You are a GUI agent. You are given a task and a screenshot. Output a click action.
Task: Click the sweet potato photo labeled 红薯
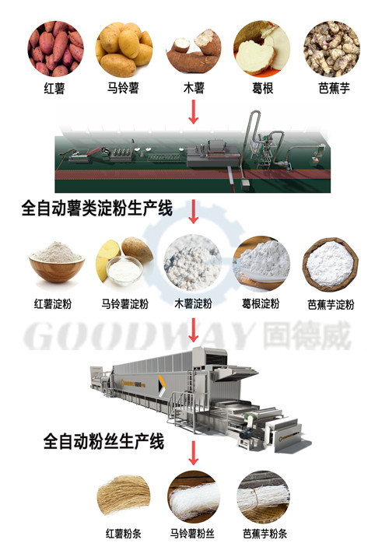click(x=55, y=48)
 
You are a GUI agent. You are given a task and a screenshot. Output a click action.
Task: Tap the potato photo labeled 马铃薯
click(x=124, y=49)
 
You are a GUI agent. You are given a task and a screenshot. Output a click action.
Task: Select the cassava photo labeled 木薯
click(x=194, y=50)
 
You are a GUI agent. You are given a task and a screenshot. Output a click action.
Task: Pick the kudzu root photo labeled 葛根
click(x=262, y=48)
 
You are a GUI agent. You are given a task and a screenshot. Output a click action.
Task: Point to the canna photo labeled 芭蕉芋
click(x=332, y=48)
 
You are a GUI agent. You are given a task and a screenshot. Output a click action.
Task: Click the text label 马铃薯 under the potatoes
click(x=123, y=88)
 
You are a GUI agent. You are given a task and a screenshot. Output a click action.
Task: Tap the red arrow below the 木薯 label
click(x=193, y=111)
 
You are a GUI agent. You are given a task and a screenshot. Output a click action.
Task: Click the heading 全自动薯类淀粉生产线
click(x=97, y=208)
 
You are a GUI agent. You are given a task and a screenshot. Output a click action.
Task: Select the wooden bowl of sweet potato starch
click(x=57, y=261)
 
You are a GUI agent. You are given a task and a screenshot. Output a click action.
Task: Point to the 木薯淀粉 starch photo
click(x=193, y=263)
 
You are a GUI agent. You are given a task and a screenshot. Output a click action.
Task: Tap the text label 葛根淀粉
click(x=261, y=303)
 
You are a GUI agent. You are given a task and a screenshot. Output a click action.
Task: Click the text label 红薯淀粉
click(x=53, y=303)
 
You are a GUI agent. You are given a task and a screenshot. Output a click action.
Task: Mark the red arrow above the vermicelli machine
click(x=193, y=330)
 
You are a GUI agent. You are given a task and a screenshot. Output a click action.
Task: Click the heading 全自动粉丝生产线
click(x=103, y=441)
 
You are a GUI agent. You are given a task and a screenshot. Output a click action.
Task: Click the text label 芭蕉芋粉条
click(x=265, y=534)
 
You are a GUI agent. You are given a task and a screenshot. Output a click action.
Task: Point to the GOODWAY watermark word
click(x=139, y=336)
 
